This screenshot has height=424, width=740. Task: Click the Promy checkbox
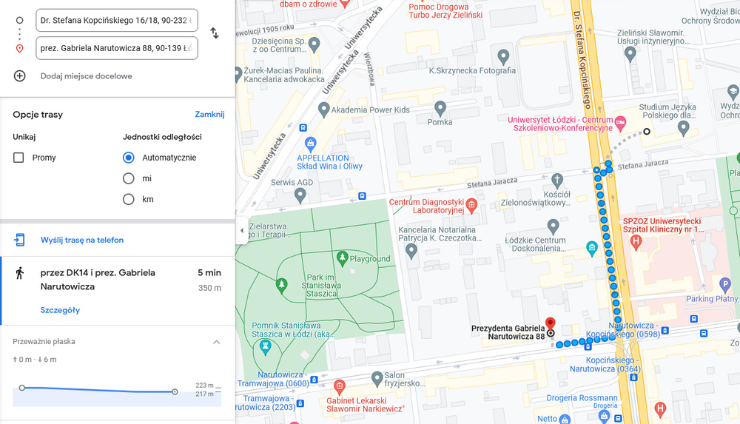click(x=18, y=158)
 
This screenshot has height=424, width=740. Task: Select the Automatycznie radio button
click(x=129, y=158)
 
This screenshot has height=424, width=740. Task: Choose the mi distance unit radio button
click(x=129, y=178)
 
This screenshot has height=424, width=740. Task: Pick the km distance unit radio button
click(x=129, y=199)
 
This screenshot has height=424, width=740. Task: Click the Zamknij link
click(x=209, y=115)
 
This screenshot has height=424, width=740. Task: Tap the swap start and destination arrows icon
click(x=215, y=33)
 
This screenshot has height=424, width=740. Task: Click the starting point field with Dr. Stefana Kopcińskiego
click(x=116, y=21)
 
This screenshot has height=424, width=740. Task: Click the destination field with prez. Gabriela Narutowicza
click(x=116, y=48)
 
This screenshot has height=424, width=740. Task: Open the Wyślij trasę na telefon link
click(x=81, y=240)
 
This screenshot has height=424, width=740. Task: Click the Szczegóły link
click(x=60, y=310)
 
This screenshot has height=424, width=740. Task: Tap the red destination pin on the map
click(x=550, y=324)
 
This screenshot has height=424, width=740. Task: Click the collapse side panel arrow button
click(x=241, y=231)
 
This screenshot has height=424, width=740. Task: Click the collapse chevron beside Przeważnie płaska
click(x=216, y=342)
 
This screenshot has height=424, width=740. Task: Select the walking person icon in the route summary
click(x=20, y=273)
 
